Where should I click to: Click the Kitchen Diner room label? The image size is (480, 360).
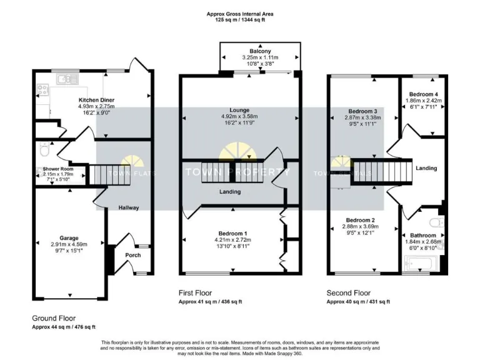coord(96,100)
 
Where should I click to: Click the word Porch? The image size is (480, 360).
coord(133,255)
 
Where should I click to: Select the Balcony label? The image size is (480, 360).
coord(259,51)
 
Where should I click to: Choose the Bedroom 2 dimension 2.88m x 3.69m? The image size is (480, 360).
coord(361,227)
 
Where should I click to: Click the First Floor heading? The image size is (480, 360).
coord(196,292)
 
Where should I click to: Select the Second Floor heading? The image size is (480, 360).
coord(349,292)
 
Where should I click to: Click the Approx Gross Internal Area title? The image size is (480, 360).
coord(240,14)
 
